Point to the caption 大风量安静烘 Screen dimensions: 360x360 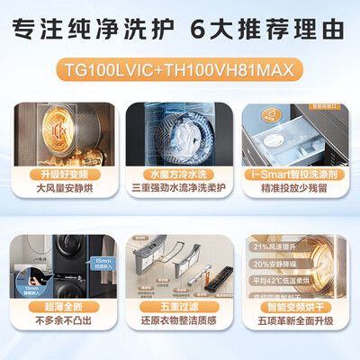click(64, 190)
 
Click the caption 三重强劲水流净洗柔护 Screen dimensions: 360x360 click(180, 190)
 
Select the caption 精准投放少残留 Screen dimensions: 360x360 click(296, 190)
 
